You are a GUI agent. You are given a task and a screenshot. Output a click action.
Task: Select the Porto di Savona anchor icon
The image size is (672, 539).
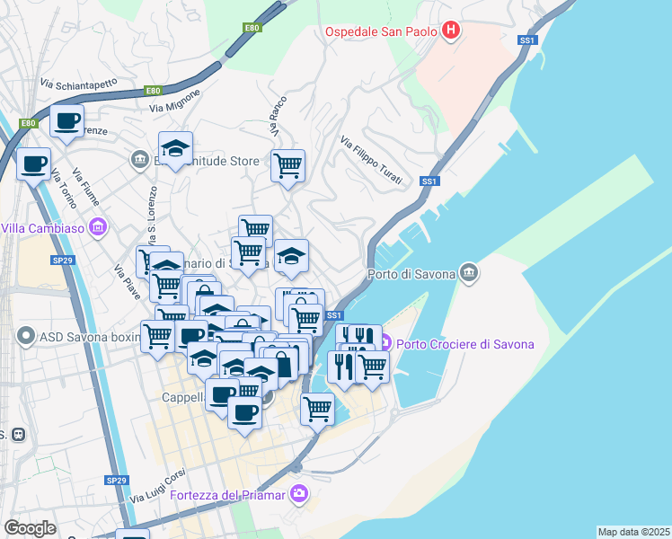click(468, 272)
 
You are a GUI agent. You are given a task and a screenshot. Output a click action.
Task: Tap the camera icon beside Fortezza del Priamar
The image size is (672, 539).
click(300, 493)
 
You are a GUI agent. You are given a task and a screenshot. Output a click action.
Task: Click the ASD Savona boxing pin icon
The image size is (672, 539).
click(24, 338)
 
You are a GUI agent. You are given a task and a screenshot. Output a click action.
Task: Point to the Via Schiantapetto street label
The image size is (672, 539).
click(78, 84)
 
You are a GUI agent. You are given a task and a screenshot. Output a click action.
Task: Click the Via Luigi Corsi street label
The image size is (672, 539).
click(157, 489)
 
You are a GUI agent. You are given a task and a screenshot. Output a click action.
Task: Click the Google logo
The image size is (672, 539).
click(30, 528)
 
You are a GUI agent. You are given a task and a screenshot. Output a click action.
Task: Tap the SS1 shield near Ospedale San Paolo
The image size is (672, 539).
click(527, 40)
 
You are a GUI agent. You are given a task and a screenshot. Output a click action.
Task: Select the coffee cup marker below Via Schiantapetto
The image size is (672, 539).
click(66, 121)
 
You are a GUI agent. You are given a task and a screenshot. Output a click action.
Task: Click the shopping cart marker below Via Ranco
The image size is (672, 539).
click(287, 165)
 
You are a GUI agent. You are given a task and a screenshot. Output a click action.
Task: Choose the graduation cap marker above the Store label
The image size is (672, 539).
click(176, 147)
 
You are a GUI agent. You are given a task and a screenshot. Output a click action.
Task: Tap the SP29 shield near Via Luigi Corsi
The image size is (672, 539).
click(116, 481)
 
